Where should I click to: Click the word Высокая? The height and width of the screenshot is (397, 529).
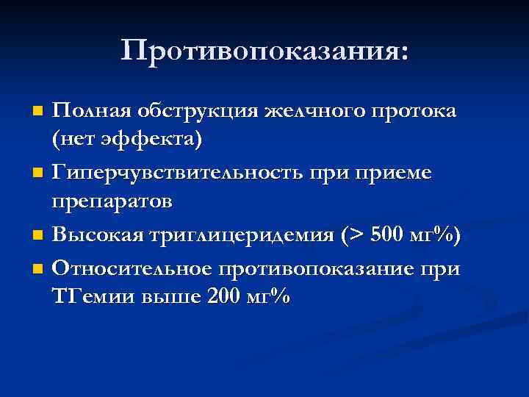(x=97, y=236)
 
